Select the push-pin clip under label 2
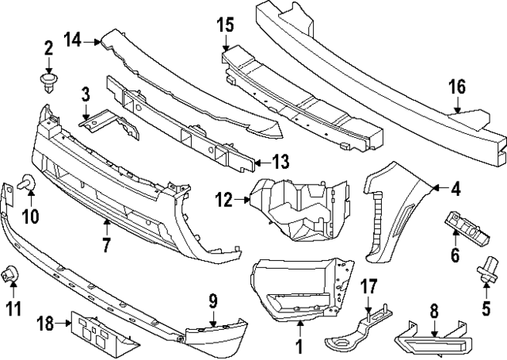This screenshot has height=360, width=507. pos(48,82)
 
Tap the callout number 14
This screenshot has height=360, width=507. pos(73,38)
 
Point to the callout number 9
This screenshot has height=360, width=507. pos(213,301)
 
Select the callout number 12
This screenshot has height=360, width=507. pos(224,201)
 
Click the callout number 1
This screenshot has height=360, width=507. pos(299,346)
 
